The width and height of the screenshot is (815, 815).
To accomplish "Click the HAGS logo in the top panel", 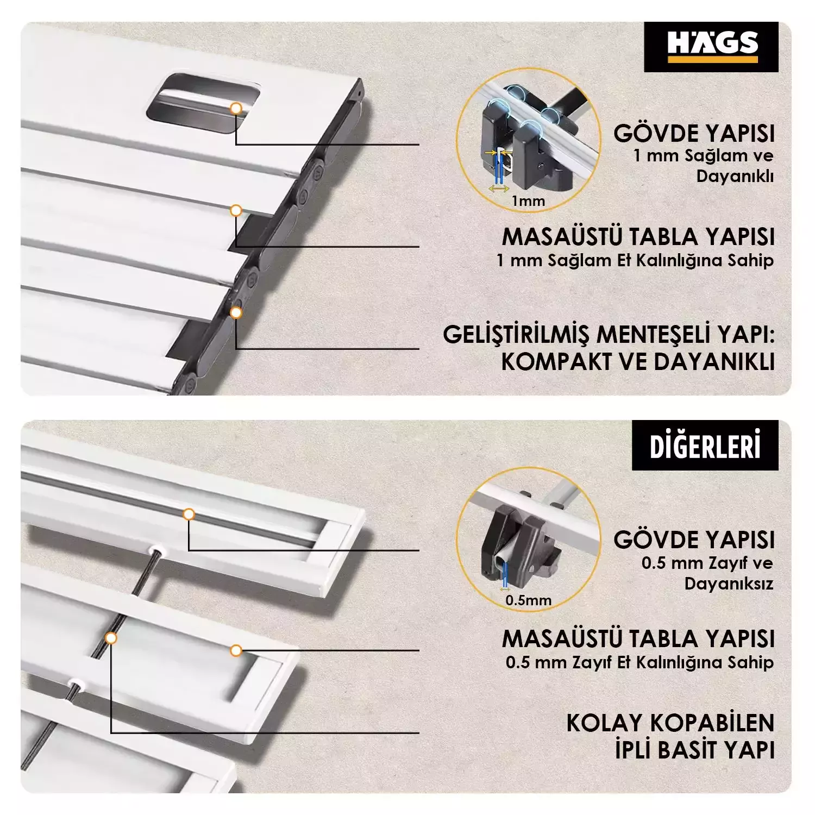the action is [x=711, y=47].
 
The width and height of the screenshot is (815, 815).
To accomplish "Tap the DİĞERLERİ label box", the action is [x=705, y=445].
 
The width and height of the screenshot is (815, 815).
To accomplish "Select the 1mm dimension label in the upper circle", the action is [x=528, y=201].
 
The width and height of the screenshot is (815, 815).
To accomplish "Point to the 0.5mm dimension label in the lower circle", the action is [x=528, y=600].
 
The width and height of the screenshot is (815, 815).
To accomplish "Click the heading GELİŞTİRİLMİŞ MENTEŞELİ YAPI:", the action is [x=609, y=335].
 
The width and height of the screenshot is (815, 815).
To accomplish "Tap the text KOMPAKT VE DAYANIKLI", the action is [x=638, y=362].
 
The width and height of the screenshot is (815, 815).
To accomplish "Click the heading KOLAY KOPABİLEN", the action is [x=670, y=723].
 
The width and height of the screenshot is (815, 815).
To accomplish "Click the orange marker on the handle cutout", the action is [x=236, y=108].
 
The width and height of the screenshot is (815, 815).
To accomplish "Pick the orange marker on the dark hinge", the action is [x=236, y=312].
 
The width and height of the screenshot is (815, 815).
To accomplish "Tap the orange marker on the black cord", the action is [x=111, y=638].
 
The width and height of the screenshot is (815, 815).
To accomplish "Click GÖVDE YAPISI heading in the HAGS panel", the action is [x=694, y=134].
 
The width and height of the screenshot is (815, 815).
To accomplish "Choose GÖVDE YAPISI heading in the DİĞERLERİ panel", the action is [x=694, y=540].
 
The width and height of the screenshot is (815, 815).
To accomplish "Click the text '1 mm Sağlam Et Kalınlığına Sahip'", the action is [x=635, y=261].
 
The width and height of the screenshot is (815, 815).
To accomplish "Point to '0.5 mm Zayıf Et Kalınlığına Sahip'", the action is [x=640, y=663].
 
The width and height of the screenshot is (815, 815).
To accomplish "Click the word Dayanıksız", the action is [x=729, y=584].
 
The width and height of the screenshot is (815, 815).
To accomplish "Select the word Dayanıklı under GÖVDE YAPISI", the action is [x=735, y=177].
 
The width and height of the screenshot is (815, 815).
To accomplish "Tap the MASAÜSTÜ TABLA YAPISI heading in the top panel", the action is [x=638, y=237].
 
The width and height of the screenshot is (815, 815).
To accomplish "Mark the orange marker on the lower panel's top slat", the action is [x=189, y=514].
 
